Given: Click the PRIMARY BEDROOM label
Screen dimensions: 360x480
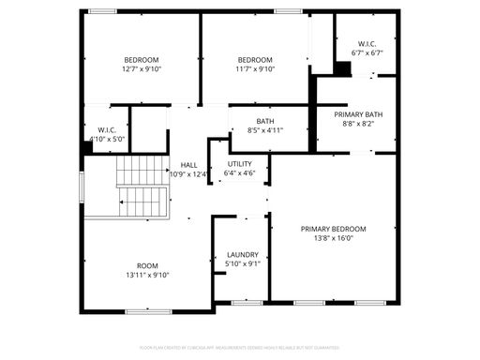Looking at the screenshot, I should (x=333, y=229).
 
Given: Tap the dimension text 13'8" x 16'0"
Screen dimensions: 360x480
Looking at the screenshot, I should (x=333, y=238).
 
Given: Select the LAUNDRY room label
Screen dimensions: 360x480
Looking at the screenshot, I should (x=243, y=255).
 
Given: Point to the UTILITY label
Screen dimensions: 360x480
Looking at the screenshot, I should (x=239, y=163).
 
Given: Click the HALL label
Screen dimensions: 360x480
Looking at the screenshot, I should (x=188, y=164).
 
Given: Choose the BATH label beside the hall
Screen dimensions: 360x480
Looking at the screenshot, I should (x=265, y=121).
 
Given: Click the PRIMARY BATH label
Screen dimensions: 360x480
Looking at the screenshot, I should (x=358, y=113).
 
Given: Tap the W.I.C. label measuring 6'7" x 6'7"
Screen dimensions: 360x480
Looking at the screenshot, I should (x=367, y=43).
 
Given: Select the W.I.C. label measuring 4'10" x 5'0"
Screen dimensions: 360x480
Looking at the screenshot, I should (x=106, y=129).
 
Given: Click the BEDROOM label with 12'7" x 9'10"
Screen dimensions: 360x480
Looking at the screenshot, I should (x=141, y=59).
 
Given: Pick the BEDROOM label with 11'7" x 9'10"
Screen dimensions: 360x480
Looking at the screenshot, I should (x=253, y=59).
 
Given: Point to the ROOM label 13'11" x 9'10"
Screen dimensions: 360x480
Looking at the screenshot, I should (x=147, y=265).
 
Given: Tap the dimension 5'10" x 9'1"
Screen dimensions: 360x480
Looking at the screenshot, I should (x=243, y=264).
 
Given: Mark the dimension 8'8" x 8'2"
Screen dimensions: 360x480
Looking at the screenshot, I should (x=358, y=123).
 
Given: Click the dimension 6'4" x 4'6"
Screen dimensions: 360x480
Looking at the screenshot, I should (x=239, y=172).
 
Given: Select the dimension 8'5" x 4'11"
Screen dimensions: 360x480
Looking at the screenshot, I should (x=265, y=130).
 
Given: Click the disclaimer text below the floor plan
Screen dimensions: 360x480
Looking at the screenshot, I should (x=240, y=348).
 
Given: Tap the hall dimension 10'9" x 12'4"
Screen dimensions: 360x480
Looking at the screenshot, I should (x=188, y=173).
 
